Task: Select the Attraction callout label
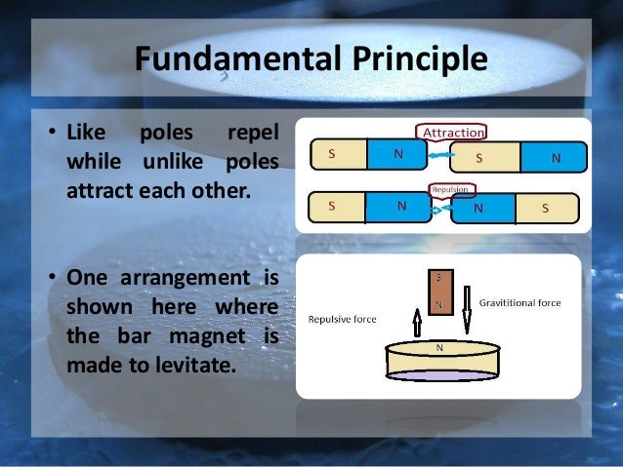[x=451, y=132]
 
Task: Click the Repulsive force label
[x=342, y=319]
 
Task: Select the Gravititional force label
[x=519, y=303]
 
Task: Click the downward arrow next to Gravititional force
[x=466, y=309]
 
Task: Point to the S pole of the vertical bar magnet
[x=438, y=279]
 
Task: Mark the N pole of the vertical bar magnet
[x=438, y=304]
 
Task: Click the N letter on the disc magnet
[x=438, y=346]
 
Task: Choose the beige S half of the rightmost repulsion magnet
[x=545, y=208]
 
